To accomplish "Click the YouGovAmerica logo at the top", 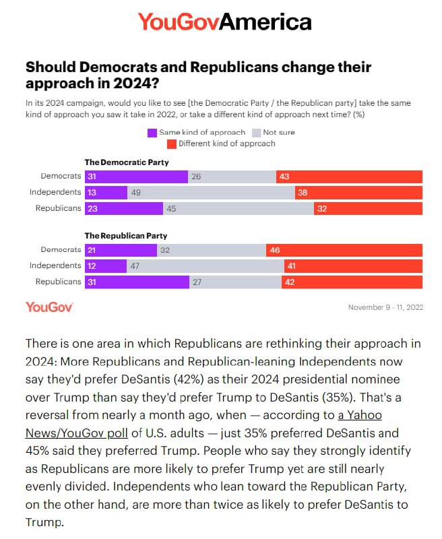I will pyautogui.click(x=224, y=22).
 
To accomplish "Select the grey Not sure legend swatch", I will pyautogui.click(x=256, y=133).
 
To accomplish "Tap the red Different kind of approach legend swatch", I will pyautogui.click(x=172, y=144).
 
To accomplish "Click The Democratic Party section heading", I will pyautogui.click(x=126, y=162).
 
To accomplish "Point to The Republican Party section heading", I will pyautogui.click(x=125, y=236).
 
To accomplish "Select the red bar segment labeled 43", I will pyautogui.click(x=349, y=177).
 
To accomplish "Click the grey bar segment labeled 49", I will pyautogui.click(x=211, y=193).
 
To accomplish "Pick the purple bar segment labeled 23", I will pyautogui.click(x=124, y=209).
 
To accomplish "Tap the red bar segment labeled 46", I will pyautogui.click(x=344, y=250).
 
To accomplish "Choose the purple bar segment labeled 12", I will pyautogui.click(x=105, y=266).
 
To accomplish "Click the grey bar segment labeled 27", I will pyautogui.click(x=235, y=282).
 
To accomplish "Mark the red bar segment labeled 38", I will pyautogui.click(x=358, y=193).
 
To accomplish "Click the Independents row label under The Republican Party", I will pyautogui.click(x=55, y=266).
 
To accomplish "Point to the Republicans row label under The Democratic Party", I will pyautogui.click(x=58, y=209).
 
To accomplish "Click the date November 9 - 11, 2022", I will pyautogui.click(x=385, y=308).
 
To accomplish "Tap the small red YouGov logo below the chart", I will pyautogui.click(x=49, y=307).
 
